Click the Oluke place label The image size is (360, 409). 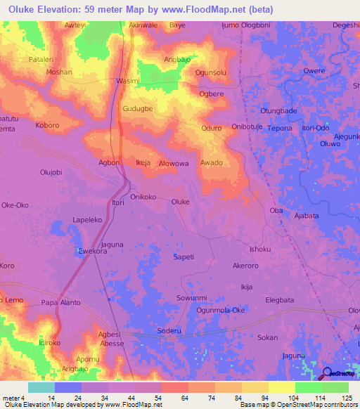181,202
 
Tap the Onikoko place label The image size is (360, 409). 143,197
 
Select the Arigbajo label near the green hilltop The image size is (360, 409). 178,60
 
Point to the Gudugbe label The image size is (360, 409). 138,110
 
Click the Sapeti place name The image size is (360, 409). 184,257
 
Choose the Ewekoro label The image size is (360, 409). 91,250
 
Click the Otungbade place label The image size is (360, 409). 279,110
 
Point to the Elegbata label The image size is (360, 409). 280,300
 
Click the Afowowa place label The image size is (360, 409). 174,164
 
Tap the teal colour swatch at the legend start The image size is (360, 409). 41,387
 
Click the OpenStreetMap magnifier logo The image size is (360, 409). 328,372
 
